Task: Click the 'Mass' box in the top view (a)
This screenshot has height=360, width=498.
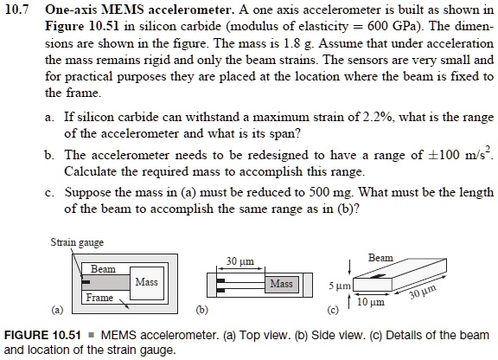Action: [x=144, y=283]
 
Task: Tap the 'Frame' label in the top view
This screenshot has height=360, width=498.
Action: [x=99, y=298]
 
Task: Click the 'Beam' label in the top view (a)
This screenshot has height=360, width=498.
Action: [x=103, y=269]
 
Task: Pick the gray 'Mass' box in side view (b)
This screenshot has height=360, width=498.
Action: [x=281, y=283]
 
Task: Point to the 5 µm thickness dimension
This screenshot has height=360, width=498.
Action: [x=336, y=285]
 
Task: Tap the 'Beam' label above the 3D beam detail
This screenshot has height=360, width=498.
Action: [x=380, y=258]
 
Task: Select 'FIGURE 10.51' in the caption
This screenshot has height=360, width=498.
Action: [x=42, y=334]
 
